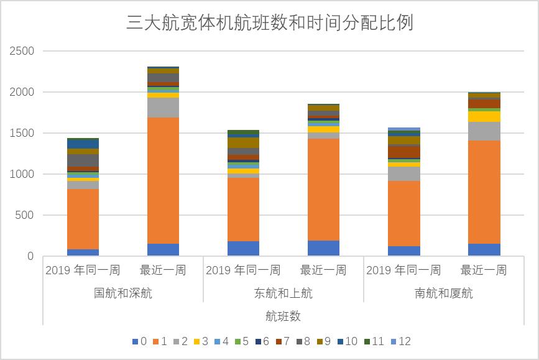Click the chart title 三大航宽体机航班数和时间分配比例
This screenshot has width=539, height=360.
click(x=269, y=23)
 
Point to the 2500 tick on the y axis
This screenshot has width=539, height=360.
click(x=22, y=51)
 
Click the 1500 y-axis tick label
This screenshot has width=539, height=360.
click(x=22, y=133)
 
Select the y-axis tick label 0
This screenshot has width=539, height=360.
click(x=31, y=256)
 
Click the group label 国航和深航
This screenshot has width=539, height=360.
click(x=122, y=293)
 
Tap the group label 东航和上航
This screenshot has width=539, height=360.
click(x=283, y=293)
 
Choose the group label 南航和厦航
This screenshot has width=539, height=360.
click(x=444, y=293)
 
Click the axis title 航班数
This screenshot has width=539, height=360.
click(x=283, y=316)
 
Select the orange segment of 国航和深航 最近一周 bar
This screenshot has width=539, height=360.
click(x=163, y=180)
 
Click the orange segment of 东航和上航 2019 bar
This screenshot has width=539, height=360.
click(x=243, y=210)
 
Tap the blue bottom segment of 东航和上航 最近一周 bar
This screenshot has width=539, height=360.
click(x=323, y=248)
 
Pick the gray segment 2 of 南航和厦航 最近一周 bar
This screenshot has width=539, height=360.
click(x=484, y=131)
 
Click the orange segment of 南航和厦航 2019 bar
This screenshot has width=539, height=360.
click(x=404, y=213)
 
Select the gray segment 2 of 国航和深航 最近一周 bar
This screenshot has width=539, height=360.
click(x=163, y=107)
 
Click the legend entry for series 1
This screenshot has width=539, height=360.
click(x=160, y=341)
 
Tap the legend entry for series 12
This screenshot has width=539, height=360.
click(x=400, y=341)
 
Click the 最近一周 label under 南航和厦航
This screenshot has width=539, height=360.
click(x=484, y=270)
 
